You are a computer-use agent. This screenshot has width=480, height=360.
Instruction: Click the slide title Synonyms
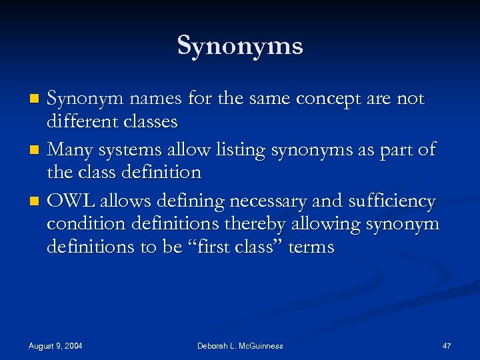tap(240, 46)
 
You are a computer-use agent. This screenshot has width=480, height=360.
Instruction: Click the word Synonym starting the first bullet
tap(83, 99)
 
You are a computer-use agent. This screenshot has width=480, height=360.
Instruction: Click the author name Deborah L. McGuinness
tap(240, 345)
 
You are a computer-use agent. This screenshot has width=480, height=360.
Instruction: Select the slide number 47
tap(447, 345)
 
